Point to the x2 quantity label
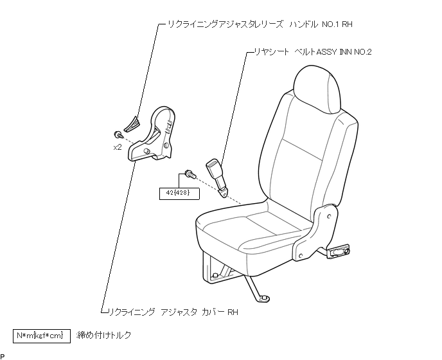tap(118, 147)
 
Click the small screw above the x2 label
tap(118, 134)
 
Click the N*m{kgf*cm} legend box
tap(42, 336)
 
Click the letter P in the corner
tap(3, 355)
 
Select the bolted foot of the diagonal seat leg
tap(262, 296)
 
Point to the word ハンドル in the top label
tap(299, 24)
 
